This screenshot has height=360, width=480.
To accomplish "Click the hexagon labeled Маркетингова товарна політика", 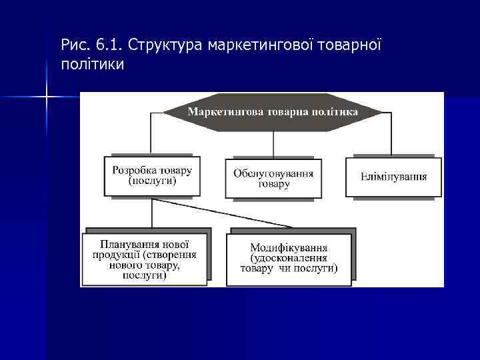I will coord(273,112).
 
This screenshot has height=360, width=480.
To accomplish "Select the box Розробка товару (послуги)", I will coord(152,176).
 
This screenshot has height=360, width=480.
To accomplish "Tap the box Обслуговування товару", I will coord(273,178).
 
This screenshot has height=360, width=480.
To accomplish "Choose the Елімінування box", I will coord(393,177).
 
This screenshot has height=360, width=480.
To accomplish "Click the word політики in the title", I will coord(92,65).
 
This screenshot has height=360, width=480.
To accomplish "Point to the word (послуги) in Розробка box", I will coord(152,181).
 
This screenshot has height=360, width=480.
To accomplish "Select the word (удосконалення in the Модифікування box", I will coord(289,258).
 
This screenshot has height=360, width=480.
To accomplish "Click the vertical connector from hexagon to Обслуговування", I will coord(273,145).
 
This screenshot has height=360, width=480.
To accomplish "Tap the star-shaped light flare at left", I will coord(47,97).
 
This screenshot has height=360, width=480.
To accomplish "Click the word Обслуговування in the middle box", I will coord(273,173).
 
